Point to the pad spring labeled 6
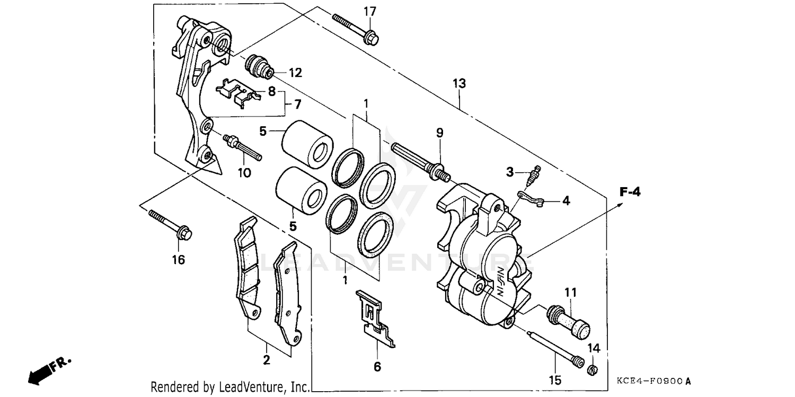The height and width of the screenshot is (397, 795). tap(375, 319)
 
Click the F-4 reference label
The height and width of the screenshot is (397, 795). tap(630, 192)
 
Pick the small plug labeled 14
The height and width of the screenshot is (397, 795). tap(593, 369)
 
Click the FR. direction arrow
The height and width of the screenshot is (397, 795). tap(48, 370)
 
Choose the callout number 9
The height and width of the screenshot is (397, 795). tap(439, 133)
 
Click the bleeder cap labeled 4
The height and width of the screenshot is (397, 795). tap(530, 200)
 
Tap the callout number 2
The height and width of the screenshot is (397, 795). tap(266, 360)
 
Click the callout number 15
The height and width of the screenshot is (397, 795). tap(555, 380)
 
